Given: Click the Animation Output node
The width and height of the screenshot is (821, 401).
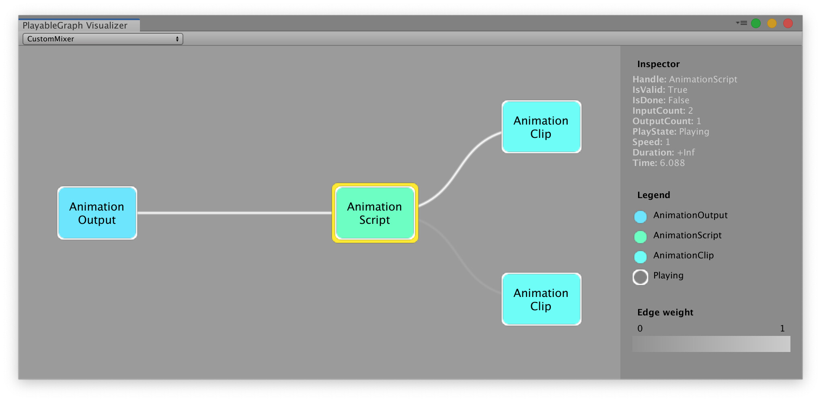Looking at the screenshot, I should [97, 213].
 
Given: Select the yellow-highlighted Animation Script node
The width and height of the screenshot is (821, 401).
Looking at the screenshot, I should [375, 213].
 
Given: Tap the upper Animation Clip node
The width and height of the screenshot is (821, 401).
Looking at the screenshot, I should [541, 127].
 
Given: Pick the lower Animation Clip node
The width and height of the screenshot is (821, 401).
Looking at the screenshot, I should [541, 299].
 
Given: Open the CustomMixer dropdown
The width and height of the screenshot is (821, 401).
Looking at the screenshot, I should [103, 39].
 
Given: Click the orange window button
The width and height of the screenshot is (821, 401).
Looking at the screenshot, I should [772, 23].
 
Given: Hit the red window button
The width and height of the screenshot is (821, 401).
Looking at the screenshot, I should [788, 23].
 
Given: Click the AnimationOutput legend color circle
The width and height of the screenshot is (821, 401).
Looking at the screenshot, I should [640, 217].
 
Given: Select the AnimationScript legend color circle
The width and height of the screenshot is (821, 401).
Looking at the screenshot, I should [640, 237].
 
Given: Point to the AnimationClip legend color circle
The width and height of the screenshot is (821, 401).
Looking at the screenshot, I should [640, 257].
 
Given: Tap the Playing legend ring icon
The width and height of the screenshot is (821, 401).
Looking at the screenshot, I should [640, 277].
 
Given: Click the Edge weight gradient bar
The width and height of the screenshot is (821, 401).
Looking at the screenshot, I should [711, 344].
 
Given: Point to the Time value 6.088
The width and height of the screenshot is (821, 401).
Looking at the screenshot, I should [672, 163].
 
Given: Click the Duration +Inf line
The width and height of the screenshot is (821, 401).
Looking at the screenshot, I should [663, 153].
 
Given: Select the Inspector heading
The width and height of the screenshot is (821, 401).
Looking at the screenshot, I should [658, 64].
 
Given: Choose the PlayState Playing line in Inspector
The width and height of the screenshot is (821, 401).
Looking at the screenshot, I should [670, 132].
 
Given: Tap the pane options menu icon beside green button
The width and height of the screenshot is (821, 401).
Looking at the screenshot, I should [741, 23].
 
